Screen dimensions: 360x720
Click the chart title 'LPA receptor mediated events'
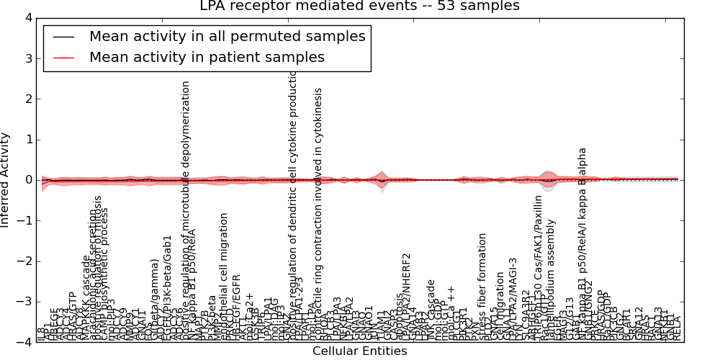coord(359,6)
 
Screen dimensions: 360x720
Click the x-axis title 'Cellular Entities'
coord(359,351)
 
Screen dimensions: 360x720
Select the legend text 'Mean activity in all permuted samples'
coord(227,36)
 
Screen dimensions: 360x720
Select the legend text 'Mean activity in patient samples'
coord(207,57)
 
